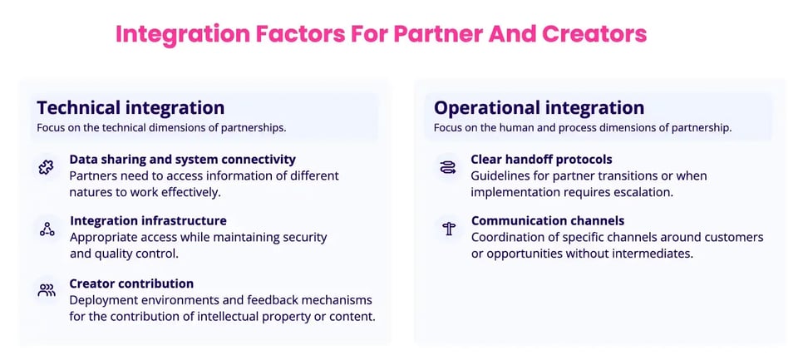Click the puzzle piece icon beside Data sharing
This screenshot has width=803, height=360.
(x=47, y=167)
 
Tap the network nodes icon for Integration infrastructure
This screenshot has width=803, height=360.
(x=47, y=229)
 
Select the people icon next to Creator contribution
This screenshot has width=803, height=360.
(x=47, y=290)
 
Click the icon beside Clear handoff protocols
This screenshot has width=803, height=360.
(x=447, y=167)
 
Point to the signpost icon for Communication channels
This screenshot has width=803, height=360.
(x=448, y=229)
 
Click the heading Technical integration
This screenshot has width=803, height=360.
(x=131, y=108)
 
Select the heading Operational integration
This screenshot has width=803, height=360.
(x=539, y=108)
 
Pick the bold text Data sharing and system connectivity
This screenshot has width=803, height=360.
(x=182, y=159)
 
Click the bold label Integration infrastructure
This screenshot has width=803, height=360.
(x=148, y=221)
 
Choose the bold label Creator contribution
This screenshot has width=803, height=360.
(x=131, y=284)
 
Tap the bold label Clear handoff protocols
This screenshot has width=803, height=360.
(x=541, y=159)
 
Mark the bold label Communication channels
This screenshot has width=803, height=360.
(x=547, y=221)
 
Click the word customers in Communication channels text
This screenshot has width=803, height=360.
(x=732, y=238)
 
